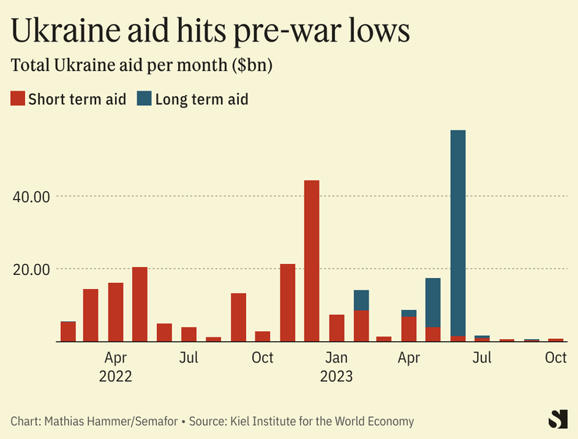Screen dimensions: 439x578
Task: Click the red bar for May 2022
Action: tap(140, 305)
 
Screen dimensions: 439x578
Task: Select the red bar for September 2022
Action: tap(238, 317)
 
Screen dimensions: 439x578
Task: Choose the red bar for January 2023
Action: tap(337, 328)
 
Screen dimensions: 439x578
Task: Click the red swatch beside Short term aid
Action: tap(17, 98)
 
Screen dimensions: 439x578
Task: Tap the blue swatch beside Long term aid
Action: tap(144, 98)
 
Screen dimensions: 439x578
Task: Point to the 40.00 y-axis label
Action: tap(32, 196)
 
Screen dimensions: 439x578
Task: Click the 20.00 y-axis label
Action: tap(32, 269)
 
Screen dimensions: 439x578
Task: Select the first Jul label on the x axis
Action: tap(188, 359)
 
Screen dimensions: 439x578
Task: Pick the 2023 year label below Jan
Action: tap(337, 376)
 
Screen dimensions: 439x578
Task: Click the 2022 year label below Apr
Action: tap(116, 376)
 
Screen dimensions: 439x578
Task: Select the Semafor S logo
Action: tap(557, 419)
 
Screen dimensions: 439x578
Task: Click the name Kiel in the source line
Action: tap(241, 421)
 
